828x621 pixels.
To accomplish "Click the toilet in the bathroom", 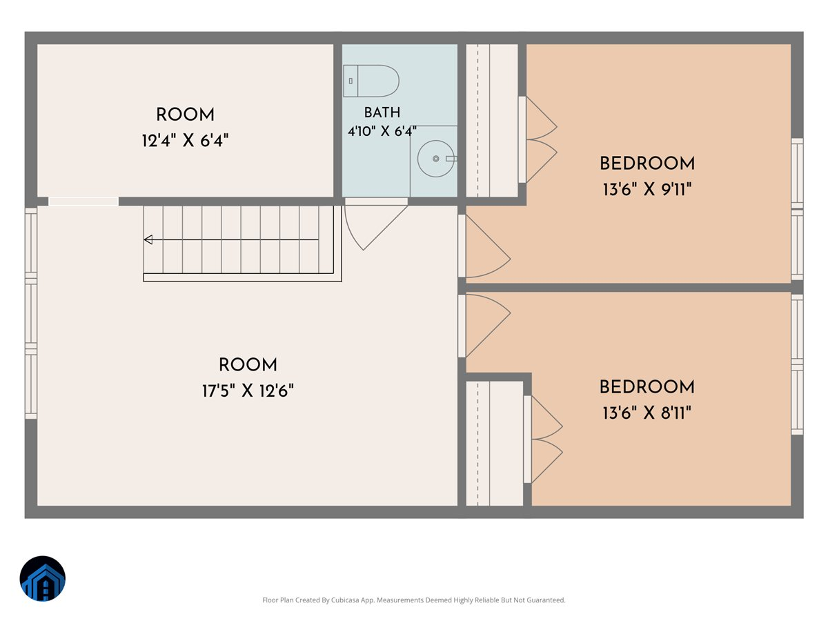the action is click(x=371, y=81).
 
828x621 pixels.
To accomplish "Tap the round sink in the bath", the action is click(x=435, y=159).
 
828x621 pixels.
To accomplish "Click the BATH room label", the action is click(x=382, y=112).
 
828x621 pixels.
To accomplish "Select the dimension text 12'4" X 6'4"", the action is click(x=185, y=141).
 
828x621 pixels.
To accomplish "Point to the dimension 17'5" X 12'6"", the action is click(x=248, y=391).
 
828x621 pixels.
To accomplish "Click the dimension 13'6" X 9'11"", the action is click(x=647, y=189).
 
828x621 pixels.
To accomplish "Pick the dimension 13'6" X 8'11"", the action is click(x=647, y=413).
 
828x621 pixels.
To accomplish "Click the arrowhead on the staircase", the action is click(x=148, y=239).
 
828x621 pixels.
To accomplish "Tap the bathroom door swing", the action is click(x=376, y=228).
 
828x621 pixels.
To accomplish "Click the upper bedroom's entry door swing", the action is click(x=488, y=246).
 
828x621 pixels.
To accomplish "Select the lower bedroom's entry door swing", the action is click(x=488, y=326).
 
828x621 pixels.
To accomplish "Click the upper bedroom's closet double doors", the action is click(x=542, y=140).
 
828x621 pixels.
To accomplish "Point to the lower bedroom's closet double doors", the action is click(x=547, y=439).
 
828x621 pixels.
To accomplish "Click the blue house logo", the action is click(x=43, y=578).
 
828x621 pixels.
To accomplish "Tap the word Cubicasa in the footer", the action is click(x=345, y=600).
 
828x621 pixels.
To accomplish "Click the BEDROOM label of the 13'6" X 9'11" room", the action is click(x=647, y=164).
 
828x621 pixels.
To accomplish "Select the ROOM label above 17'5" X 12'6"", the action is click(x=248, y=364).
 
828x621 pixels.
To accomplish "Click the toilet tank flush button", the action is click(x=351, y=81).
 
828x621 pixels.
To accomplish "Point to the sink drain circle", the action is click(x=435, y=159).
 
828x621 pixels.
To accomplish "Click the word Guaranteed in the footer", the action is click(x=546, y=600).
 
